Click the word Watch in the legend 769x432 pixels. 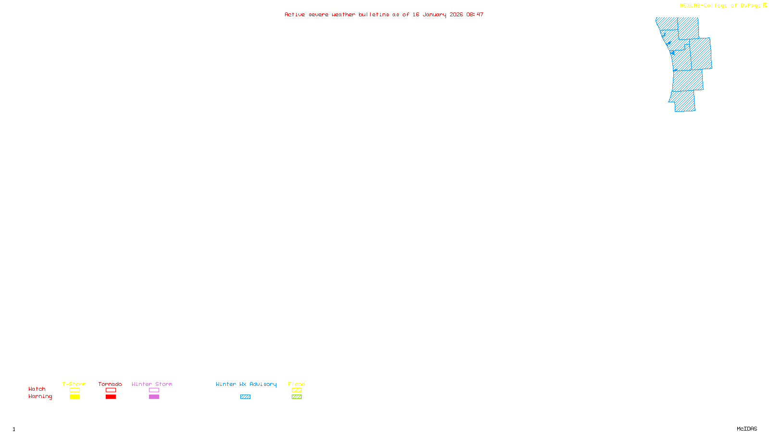coord(37,389)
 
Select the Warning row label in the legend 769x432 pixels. coord(40,396)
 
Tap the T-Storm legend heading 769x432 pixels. coord(74,384)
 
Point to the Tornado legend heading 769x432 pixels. coord(110,384)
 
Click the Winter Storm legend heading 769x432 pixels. coord(152,384)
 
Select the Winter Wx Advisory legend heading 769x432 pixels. coord(246,384)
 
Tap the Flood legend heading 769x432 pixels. coord(297,384)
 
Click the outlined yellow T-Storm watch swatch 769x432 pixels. coord(74,390)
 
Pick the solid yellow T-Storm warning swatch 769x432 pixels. coord(74,397)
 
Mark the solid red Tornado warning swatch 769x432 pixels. coord(111,397)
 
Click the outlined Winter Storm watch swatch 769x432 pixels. coord(154,390)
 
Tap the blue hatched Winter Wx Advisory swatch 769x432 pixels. coord(245,397)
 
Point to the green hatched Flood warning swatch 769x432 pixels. coord(297,397)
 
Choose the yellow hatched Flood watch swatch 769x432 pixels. coord(297,390)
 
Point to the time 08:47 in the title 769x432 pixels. coord(475,14)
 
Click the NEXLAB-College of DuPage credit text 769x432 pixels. coord(720,6)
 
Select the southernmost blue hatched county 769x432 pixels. coord(683,101)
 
